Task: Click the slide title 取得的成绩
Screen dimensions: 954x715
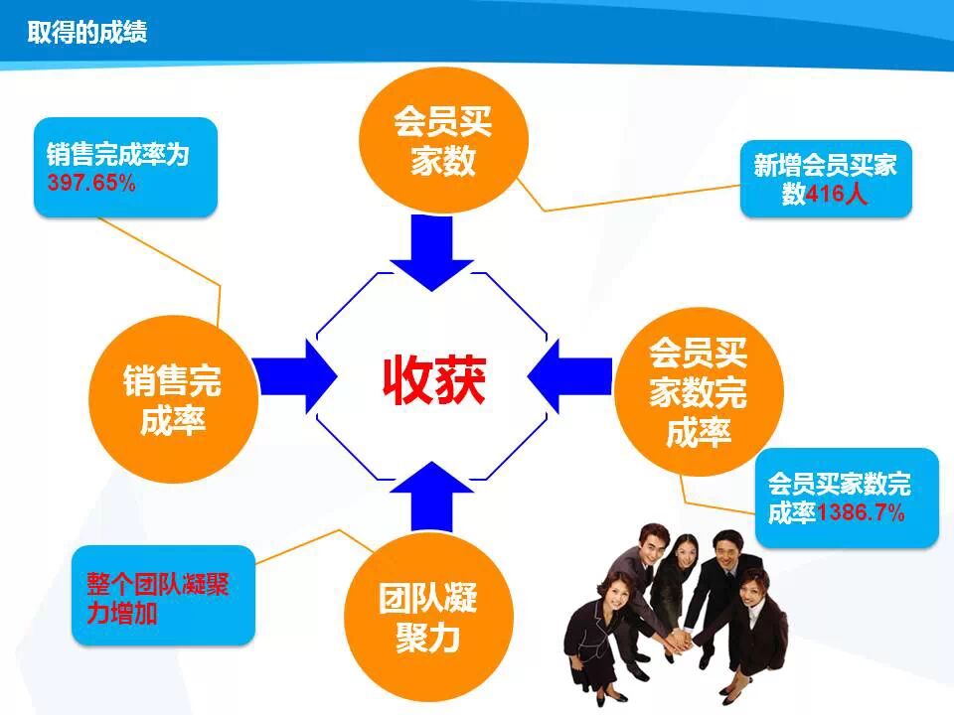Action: (87, 33)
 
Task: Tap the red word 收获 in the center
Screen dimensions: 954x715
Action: (434, 379)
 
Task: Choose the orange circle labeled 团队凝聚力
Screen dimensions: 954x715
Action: (427, 617)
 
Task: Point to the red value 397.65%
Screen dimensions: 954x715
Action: (91, 184)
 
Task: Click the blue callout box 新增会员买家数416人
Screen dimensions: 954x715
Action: (825, 179)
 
